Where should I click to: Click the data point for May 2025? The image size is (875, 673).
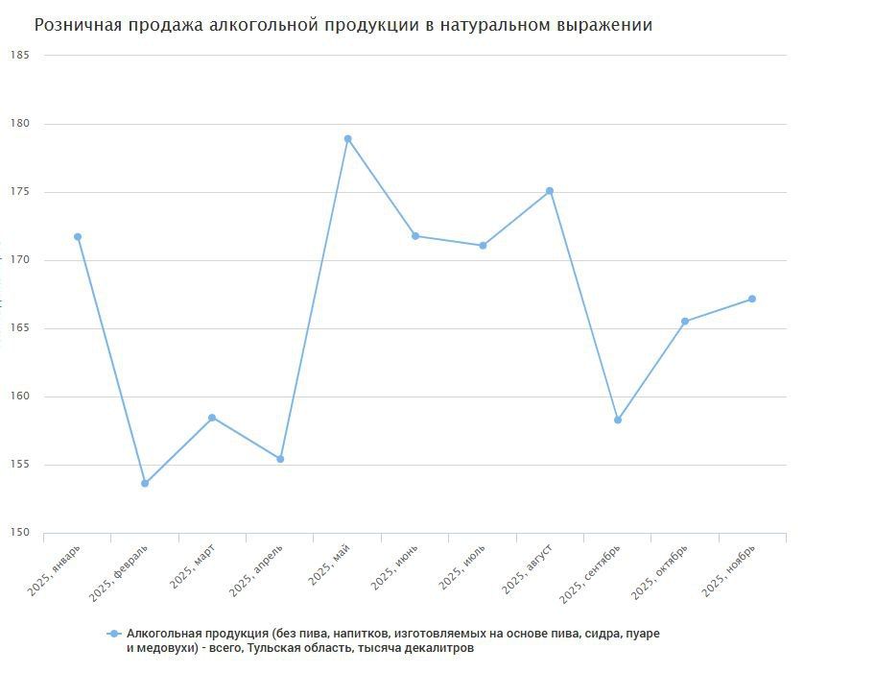pos(347,139)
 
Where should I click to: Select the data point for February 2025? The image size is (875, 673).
pos(145,484)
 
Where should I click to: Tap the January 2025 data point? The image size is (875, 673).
pos(78,237)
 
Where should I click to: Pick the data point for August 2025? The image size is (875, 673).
pos(550,191)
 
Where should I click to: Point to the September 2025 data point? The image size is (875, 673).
pos(618,421)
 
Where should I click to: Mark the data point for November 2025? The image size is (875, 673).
pos(752,300)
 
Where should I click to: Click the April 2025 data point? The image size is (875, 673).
pos(280,459)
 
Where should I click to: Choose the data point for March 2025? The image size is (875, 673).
pos(212,418)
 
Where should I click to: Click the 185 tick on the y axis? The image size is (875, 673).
pos(20,56)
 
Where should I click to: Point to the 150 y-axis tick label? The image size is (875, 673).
pos(20,534)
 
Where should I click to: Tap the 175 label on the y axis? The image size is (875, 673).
pos(20,192)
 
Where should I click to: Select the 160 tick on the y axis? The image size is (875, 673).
pos(20,397)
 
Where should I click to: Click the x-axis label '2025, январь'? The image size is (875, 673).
pos(56,569)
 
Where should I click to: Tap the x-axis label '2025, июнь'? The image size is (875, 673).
pos(394,567)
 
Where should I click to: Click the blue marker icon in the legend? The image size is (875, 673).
pos(114,635)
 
